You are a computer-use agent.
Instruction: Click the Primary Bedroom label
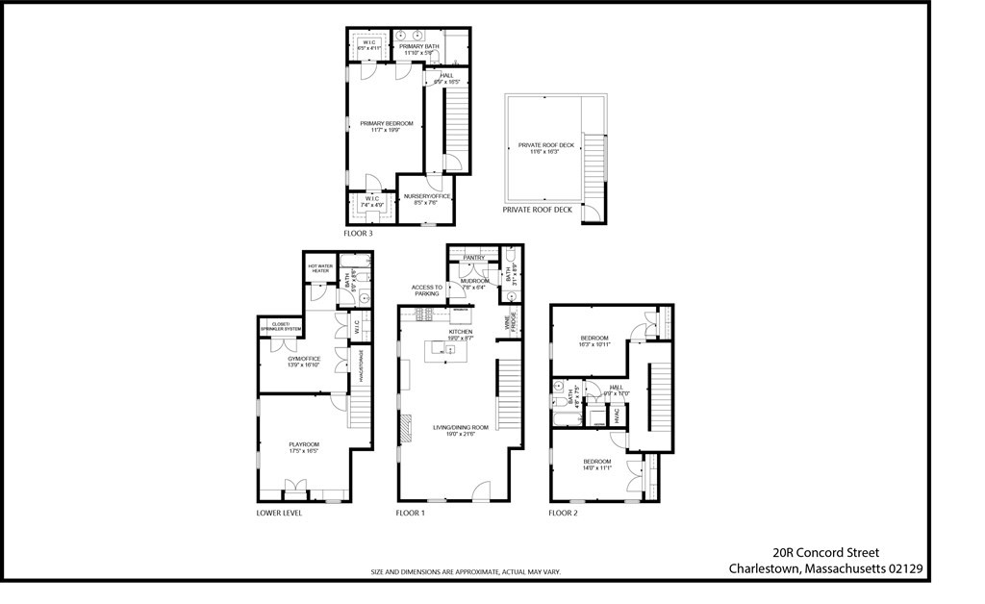(387, 123)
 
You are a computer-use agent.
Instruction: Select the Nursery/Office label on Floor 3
(427, 196)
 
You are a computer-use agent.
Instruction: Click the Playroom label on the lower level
(303, 444)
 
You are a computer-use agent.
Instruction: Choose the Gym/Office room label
(303, 359)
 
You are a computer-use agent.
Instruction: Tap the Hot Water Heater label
(319, 268)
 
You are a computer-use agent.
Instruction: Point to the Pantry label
(472, 258)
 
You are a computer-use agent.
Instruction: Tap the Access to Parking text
(426, 290)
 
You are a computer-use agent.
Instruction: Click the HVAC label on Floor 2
(619, 415)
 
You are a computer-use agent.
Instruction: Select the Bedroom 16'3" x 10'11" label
(594, 338)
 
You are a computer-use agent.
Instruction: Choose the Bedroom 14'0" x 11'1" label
(597, 462)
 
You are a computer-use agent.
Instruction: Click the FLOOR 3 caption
(358, 234)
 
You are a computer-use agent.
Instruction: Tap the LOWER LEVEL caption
(279, 514)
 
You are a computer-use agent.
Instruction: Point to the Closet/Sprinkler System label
(280, 327)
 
